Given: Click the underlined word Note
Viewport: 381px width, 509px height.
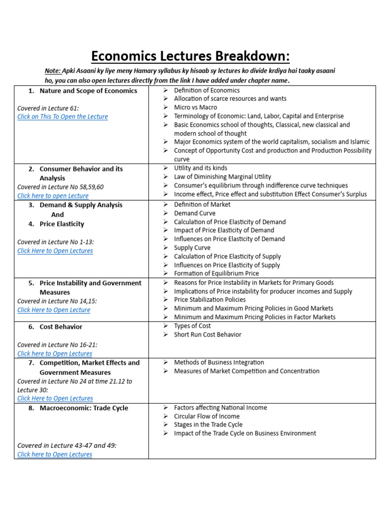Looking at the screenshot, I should pyautogui.click(x=53, y=71).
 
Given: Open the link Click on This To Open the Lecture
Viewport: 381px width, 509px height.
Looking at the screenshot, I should pyautogui.click(x=63, y=117).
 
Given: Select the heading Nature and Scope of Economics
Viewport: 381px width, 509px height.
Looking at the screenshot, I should pyautogui.click(x=88, y=91).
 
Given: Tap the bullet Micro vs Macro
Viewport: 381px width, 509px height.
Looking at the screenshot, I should pyautogui.click(x=195, y=107).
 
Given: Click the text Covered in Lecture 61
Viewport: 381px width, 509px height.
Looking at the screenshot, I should pyautogui.click(x=48, y=108).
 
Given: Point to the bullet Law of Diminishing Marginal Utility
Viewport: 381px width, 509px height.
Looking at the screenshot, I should pyautogui.click(x=222, y=176).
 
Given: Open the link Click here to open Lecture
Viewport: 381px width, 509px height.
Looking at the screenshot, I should pyautogui.click(x=53, y=196).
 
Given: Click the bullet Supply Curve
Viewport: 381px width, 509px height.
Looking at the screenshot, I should pyautogui.click(x=192, y=248).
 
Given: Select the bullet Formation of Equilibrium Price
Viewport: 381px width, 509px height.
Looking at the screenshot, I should pyautogui.click(x=216, y=273).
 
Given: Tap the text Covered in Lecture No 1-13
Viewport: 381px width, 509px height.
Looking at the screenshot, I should pyautogui.click(x=56, y=242).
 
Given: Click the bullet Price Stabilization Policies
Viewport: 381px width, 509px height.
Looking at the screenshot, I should pyautogui.click(x=210, y=300).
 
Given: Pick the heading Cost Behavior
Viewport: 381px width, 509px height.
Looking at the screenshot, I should pyautogui.click(x=61, y=327).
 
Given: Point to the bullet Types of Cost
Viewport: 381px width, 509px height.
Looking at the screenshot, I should pyautogui.click(x=192, y=326).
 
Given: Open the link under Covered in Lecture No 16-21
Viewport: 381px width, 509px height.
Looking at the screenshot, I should pyautogui.click(x=55, y=354).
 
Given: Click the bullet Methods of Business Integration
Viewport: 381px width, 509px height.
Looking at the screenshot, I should pyautogui.click(x=219, y=362).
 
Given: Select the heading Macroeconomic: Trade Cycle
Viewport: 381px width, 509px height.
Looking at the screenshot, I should pyautogui.click(x=84, y=408).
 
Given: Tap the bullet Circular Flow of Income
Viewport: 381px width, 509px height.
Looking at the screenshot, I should pyautogui.click(x=207, y=416).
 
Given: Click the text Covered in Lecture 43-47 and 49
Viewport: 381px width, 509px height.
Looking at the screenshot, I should pyautogui.click(x=67, y=446).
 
